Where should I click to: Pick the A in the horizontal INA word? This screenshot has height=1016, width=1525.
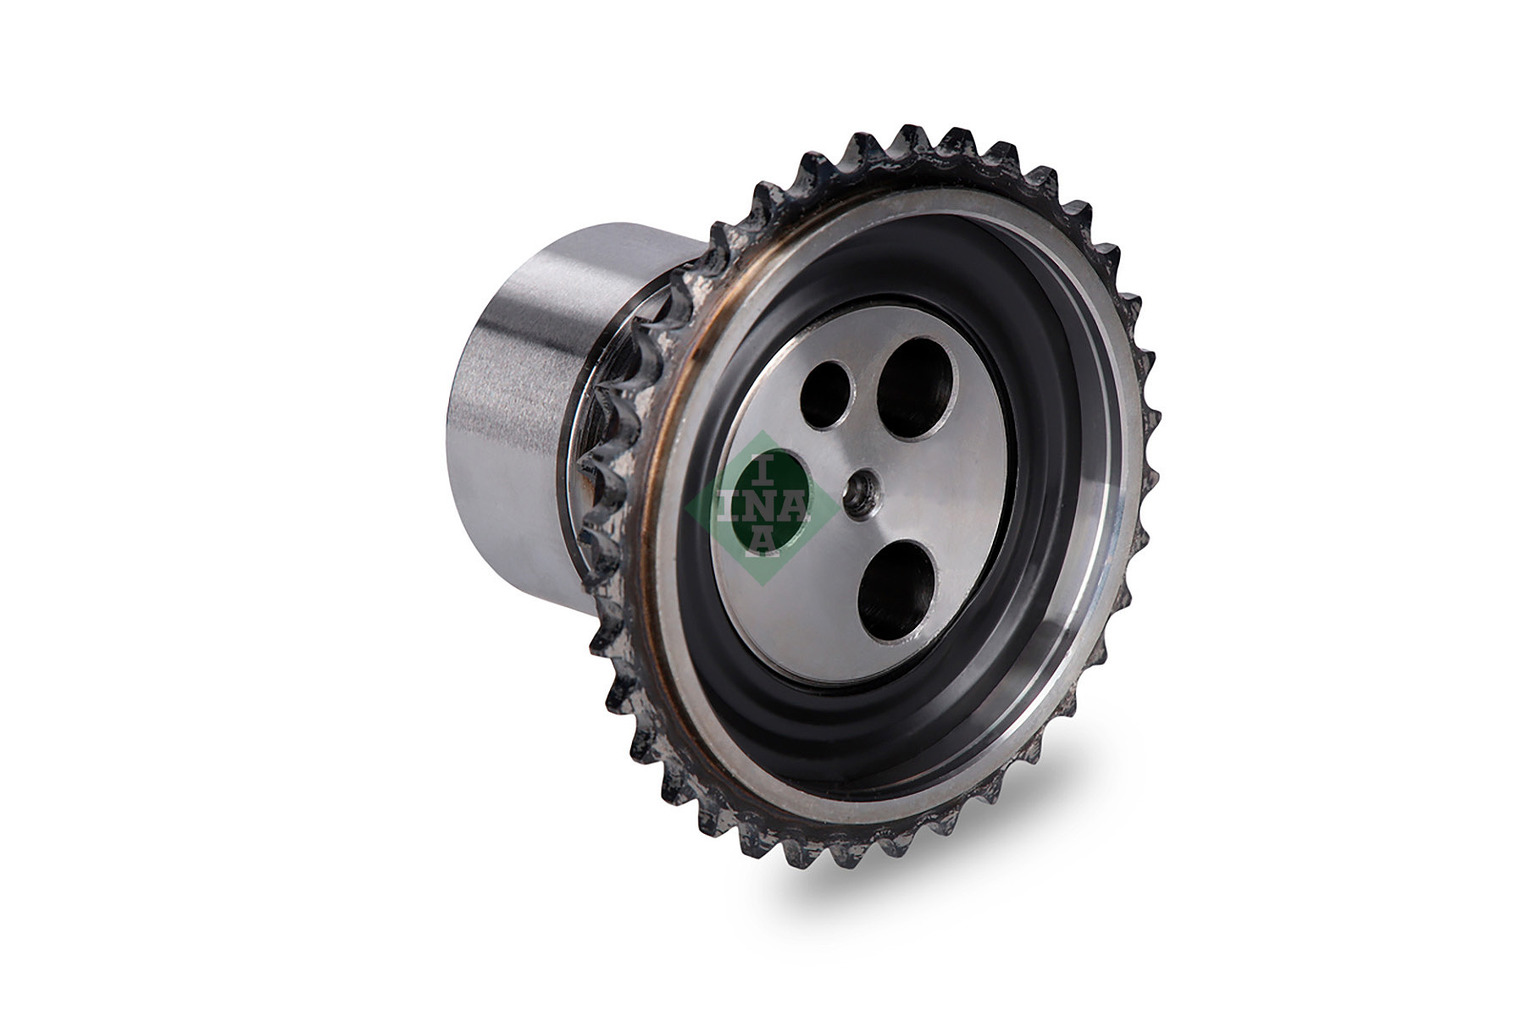(796, 506)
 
